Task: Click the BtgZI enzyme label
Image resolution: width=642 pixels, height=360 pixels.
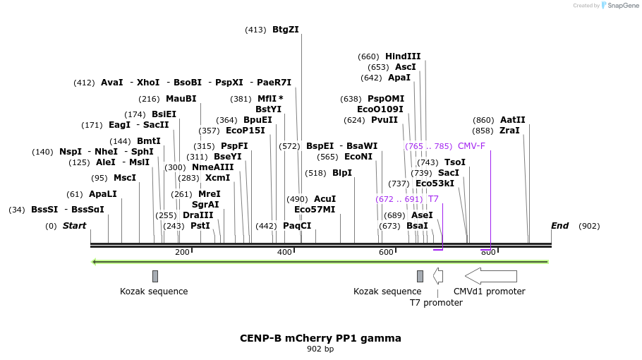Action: [x=286, y=30]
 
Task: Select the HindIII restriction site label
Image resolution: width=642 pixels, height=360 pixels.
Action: [x=403, y=56]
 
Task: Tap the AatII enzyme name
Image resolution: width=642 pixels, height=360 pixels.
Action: [x=513, y=119]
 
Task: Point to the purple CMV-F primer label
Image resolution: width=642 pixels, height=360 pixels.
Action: [x=471, y=146]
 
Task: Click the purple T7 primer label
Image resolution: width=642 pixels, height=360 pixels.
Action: [x=433, y=198]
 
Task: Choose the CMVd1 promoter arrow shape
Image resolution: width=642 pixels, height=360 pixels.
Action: [x=491, y=276]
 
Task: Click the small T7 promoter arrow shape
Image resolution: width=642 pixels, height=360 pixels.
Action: [x=437, y=276]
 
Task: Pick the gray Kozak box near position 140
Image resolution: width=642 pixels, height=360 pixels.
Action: [x=155, y=276]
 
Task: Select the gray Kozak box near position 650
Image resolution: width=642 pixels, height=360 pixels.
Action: [x=420, y=276]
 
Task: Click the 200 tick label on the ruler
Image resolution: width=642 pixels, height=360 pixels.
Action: [x=182, y=252]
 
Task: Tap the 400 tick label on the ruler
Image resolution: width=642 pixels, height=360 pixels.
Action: [x=284, y=252]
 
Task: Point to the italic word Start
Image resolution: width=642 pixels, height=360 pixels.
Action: [x=74, y=226]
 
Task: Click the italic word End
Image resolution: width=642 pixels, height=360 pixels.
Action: [x=559, y=226]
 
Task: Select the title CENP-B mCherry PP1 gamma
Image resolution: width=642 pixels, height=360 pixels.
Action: [x=320, y=338]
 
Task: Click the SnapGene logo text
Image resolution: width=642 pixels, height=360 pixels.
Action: [x=623, y=6]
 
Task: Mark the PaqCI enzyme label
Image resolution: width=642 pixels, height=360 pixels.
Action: [x=297, y=226]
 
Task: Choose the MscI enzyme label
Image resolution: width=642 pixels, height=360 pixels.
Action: [x=124, y=178]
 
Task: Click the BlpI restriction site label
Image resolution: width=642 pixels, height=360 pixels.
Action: [x=342, y=173]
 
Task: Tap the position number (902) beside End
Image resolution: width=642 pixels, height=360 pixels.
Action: [x=589, y=226]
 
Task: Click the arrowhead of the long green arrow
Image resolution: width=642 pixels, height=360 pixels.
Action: [x=94, y=262]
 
